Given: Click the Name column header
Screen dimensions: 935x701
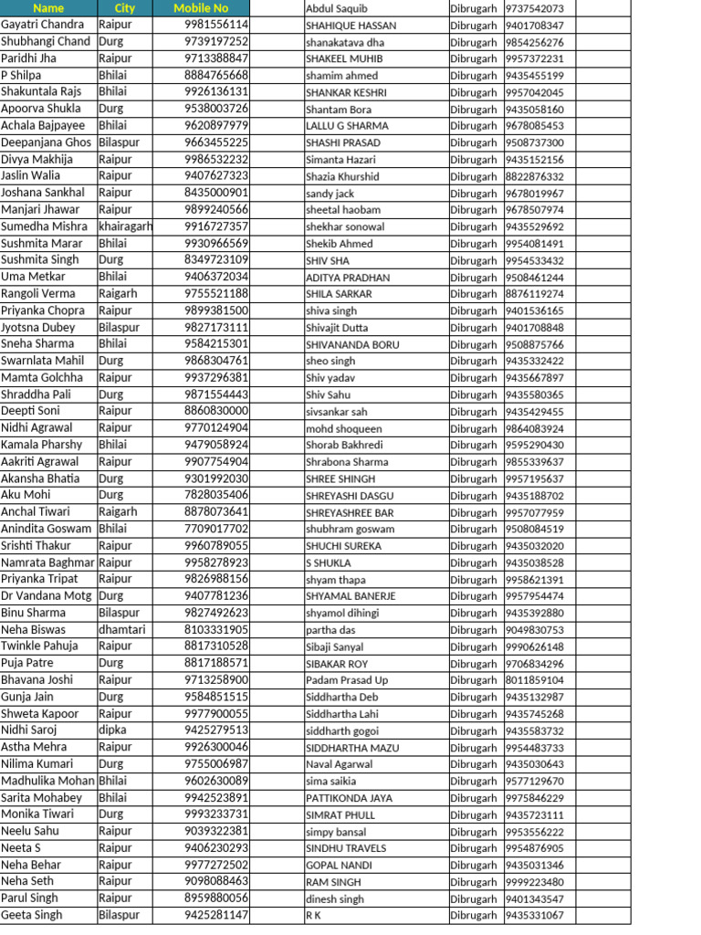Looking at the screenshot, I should (x=47, y=8).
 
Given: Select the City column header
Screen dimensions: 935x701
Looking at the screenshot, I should (x=124, y=8).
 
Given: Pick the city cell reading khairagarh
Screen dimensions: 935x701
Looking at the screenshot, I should (x=125, y=226).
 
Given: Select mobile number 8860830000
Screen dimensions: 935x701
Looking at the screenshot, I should (x=216, y=411).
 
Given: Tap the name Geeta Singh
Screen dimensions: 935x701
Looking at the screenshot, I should (x=32, y=915).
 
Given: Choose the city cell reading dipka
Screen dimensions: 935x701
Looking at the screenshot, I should (x=113, y=730).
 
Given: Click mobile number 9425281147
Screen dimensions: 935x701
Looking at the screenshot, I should (x=216, y=915).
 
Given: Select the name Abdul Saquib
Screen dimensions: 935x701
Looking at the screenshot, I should (x=336, y=8).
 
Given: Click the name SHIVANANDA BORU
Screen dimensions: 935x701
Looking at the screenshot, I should (x=352, y=345).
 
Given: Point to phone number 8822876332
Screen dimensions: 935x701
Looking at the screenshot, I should (x=534, y=176).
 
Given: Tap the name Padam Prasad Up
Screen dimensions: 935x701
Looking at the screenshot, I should (x=347, y=680).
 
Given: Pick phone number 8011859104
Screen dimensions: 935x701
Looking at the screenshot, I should (x=534, y=680).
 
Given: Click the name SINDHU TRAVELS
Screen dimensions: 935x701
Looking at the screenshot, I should (x=346, y=848).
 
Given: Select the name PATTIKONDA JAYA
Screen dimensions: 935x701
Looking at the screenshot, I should (x=349, y=798).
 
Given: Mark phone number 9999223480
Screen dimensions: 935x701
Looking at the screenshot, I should (x=534, y=882).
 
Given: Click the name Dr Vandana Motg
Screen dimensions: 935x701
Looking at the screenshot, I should (x=47, y=595).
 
